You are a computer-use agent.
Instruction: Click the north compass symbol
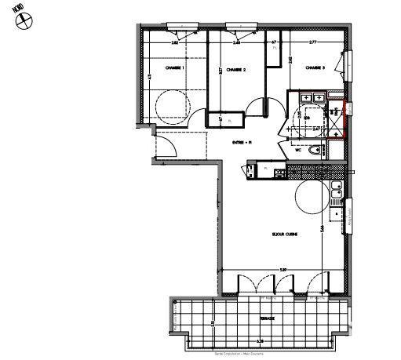(x=23, y=20)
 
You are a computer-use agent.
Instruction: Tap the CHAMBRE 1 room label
(x=173, y=68)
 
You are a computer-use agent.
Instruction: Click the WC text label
(x=299, y=151)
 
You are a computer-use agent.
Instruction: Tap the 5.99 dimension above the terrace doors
(x=281, y=270)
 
